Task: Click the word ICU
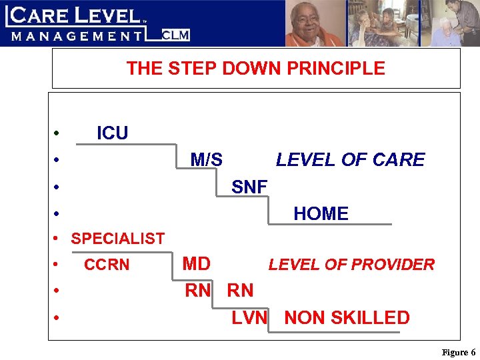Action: coord(112,133)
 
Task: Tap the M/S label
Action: coord(207,160)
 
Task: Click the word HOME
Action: coord(321,214)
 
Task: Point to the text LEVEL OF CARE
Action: coord(350,160)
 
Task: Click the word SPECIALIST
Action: coord(118,239)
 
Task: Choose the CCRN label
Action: coord(107,265)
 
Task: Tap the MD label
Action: coord(197,264)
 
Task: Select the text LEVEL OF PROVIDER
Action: coord(351,265)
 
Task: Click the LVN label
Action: coord(249,318)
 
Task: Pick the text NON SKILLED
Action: coord(347,318)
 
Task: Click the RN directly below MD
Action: coord(198,291)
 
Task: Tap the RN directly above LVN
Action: coord(240,291)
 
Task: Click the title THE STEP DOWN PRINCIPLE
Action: coord(256,69)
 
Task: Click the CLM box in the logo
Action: coord(176,35)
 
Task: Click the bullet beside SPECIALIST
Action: coord(58,239)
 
